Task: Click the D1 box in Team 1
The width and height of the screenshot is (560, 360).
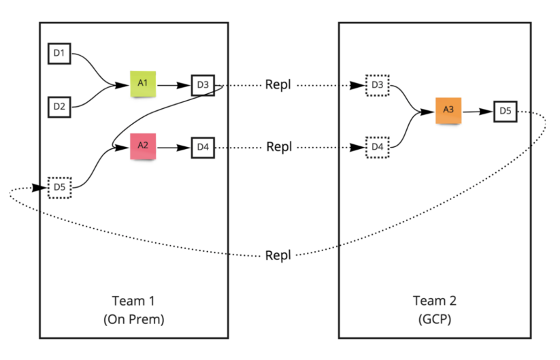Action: coord(59,52)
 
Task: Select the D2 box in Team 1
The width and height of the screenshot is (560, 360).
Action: coord(59,106)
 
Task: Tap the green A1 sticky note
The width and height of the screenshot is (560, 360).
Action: coord(144,83)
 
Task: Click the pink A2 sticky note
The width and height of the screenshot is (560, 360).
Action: coord(143,146)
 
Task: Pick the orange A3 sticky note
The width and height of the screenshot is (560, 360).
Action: coord(448,110)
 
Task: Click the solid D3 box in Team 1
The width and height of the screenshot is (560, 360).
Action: coord(202,85)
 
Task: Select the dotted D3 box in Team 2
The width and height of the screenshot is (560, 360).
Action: coord(376,85)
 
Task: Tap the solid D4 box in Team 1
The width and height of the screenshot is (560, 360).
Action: coord(202,146)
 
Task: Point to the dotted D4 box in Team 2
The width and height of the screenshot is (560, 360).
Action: coord(376,146)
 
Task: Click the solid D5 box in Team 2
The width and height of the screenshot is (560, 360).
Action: coord(505,110)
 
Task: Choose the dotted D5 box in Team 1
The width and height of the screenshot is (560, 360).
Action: coord(60,187)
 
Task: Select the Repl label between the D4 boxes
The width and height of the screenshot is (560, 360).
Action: coord(280,146)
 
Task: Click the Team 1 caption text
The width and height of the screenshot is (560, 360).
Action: coord(134,300)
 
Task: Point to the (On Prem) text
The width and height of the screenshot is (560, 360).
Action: coord(134,318)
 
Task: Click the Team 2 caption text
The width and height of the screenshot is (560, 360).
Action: coord(435,300)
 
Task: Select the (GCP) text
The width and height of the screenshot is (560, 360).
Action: coord(435,318)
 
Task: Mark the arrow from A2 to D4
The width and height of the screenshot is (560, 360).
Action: coord(174,146)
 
